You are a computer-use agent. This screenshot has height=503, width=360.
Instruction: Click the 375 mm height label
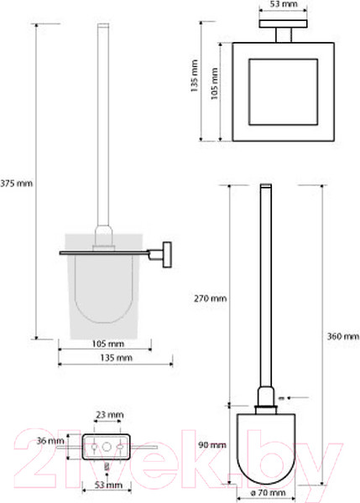pyautogui.click(x=16, y=184)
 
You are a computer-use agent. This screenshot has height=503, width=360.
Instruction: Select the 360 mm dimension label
pyautogui.click(x=343, y=336)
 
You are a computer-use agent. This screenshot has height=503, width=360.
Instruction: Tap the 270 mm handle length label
pyautogui.click(x=210, y=298)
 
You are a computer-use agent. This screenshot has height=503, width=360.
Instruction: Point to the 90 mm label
pyautogui.click(x=212, y=445)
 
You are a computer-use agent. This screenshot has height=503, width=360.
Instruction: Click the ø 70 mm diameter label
pyautogui.click(x=268, y=493)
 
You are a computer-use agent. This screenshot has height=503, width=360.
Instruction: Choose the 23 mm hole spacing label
pyautogui.click(x=110, y=415)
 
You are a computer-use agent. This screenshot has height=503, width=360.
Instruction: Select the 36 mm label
pyautogui.click(x=50, y=441)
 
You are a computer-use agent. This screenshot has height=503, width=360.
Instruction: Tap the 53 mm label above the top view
pyautogui.click(x=284, y=4)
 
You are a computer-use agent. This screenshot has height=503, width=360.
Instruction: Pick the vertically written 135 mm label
pyautogui.click(x=195, y=76)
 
